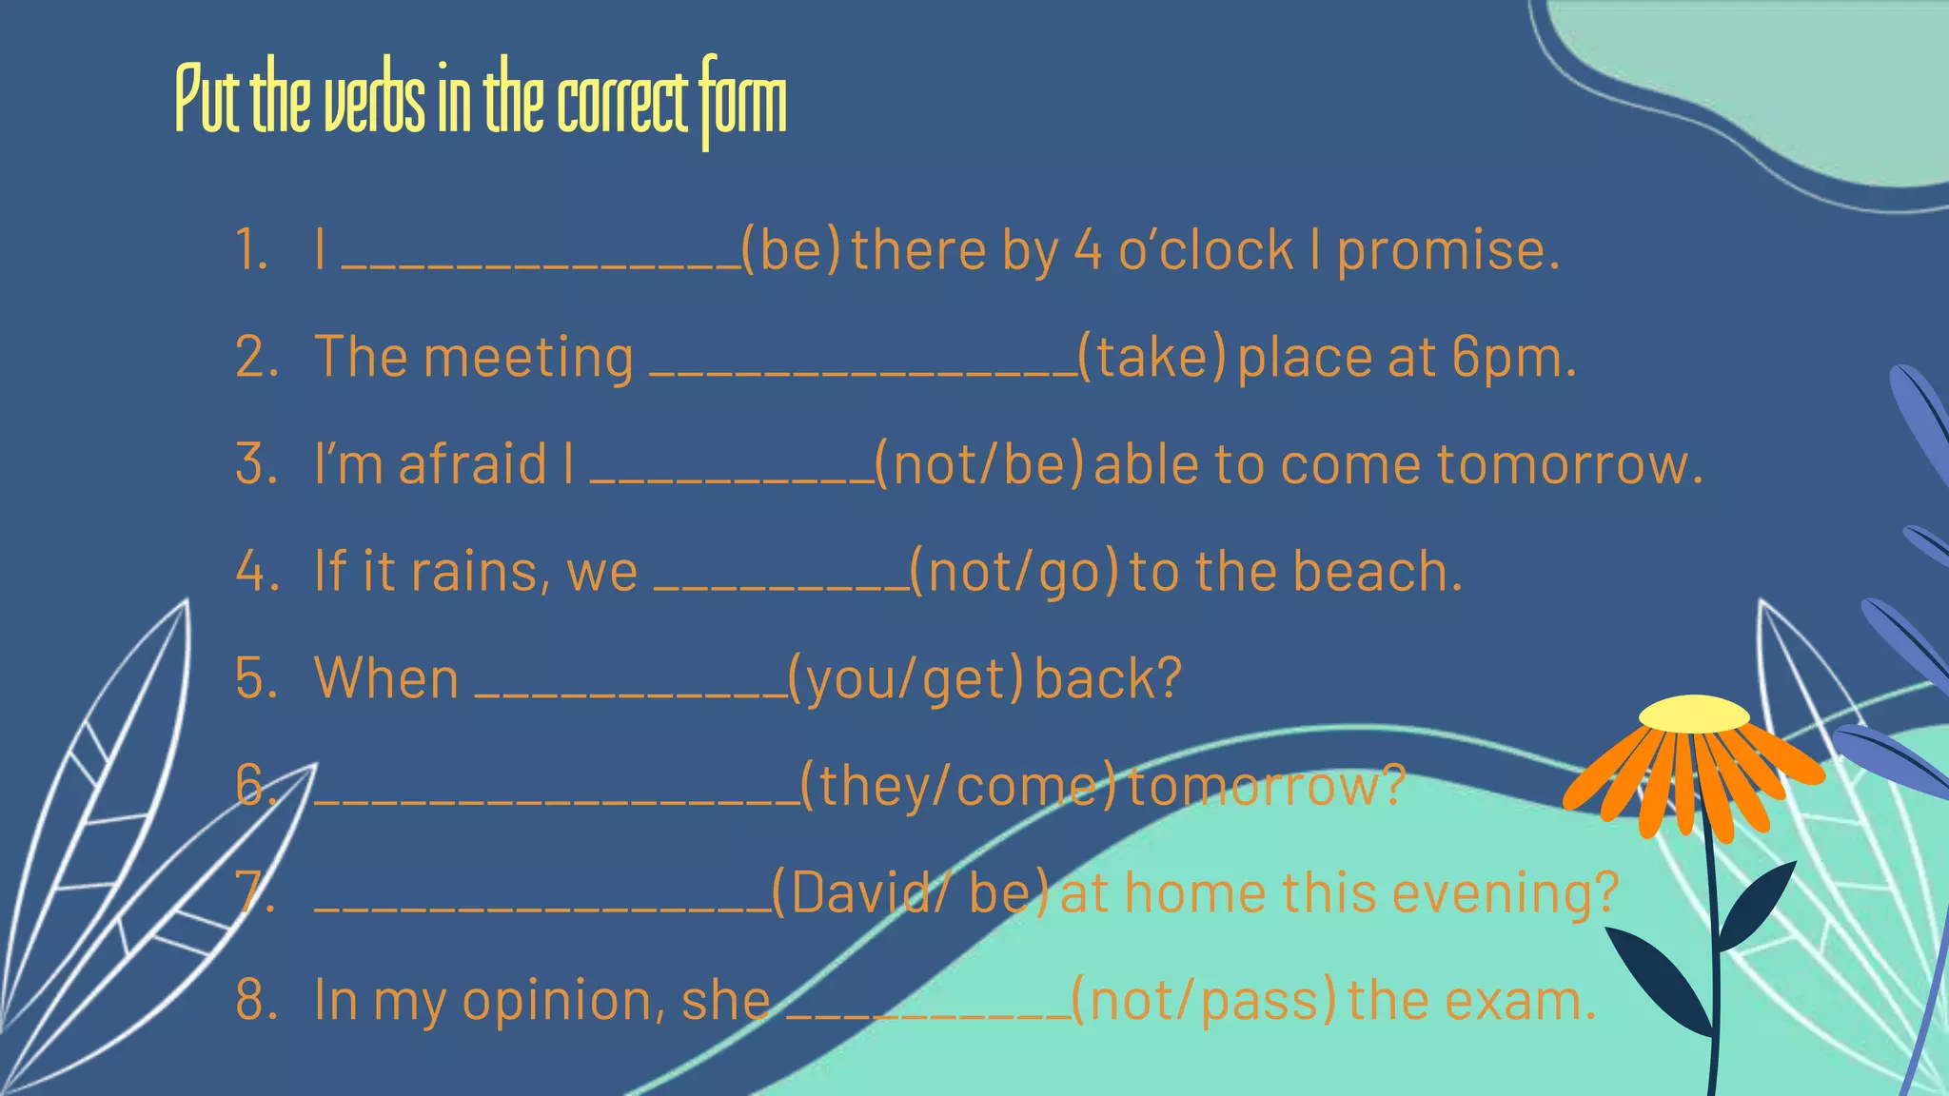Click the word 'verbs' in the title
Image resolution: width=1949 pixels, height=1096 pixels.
click(374, 103)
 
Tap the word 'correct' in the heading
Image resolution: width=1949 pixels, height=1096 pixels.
click(622, 103)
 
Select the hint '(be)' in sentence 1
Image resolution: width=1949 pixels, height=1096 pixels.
click(791, 250)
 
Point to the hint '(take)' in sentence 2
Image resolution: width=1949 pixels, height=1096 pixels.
click(1152, 358)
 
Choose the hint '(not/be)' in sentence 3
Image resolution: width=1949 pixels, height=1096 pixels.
click(979, 465)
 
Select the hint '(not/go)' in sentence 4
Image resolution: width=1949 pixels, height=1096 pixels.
click(1014, 572)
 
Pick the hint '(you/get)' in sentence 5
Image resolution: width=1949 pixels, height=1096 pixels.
click(906, 679)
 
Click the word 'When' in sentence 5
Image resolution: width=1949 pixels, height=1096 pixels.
click(386, 679)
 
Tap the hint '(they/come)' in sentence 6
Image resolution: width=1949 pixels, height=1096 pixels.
click(957, 786)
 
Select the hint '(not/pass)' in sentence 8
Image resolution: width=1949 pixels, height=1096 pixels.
click(1204, 1001)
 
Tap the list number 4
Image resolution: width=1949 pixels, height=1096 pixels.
click(255, 572)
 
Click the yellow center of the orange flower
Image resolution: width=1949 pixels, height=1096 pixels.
click(1694, 713)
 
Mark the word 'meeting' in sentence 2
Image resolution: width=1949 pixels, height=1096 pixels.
click(528, 359)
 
